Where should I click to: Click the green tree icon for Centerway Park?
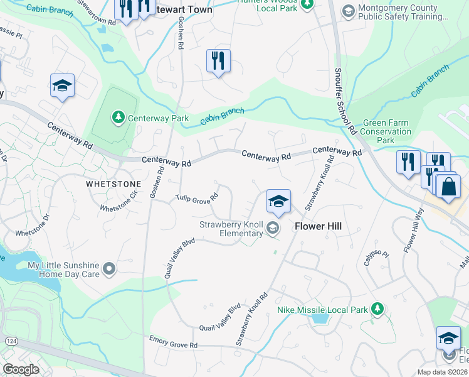pyautogui.click(x=118, y=117)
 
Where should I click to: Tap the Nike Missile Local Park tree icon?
pyautogui.click(x=377, y=308)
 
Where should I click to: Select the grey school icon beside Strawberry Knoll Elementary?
pyautogui.click(x=272, y=228)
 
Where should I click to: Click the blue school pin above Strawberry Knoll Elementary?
pyautogui.click(x=278, y=202)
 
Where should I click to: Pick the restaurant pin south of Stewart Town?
pyautogui.click(x=218, y=62)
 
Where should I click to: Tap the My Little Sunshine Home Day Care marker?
pyautogui.click(x=110, y=270)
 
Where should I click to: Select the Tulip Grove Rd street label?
pyautogui.click(x=197, y=197)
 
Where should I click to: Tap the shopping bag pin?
pyautogui.click(x=448, y=187)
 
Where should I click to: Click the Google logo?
pyautogui.click(x=21, y=369)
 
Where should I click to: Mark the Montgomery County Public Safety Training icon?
pyautogui.click(x=348, y=11)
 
